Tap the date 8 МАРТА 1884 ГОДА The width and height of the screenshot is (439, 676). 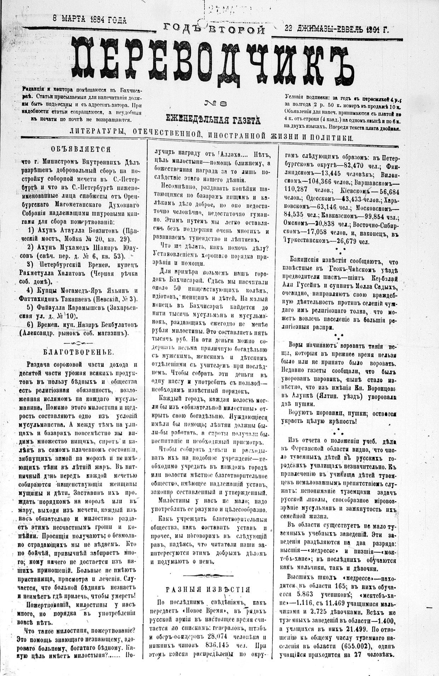point(89,19)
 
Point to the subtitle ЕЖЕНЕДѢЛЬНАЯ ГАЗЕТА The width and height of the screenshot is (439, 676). point(213,120)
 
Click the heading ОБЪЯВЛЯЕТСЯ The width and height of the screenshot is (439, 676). point(81,149)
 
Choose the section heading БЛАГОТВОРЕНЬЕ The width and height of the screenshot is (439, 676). point(79,352)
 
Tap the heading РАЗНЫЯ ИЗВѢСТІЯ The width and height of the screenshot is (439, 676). point(208,589)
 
